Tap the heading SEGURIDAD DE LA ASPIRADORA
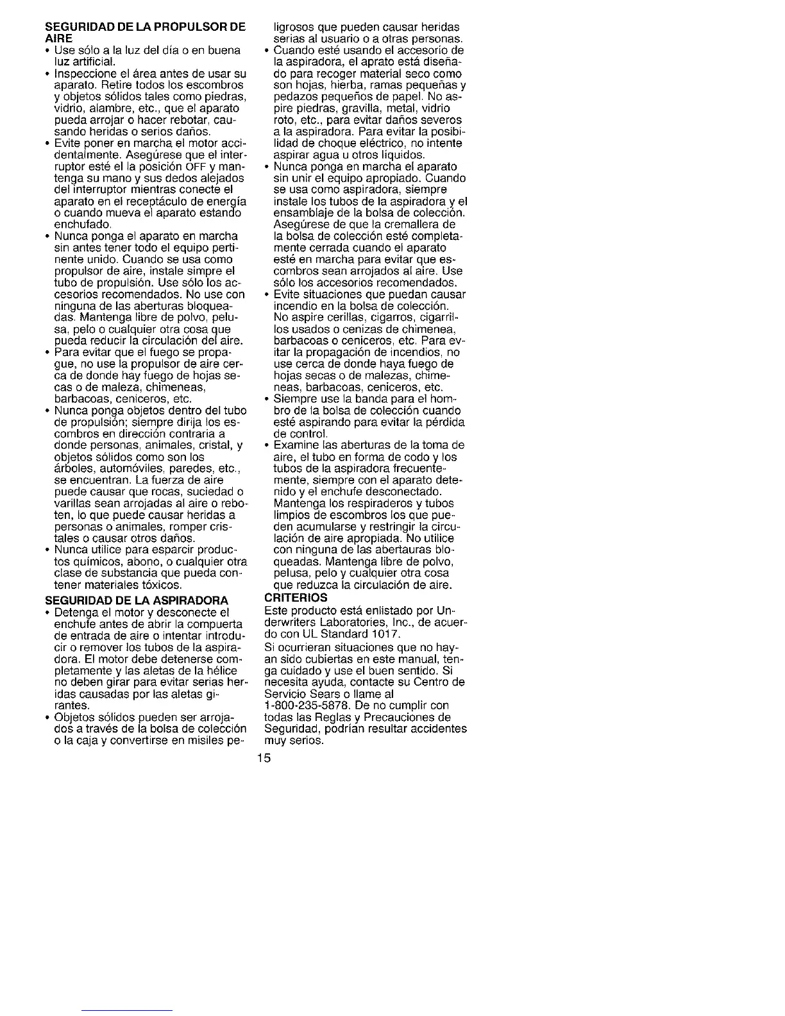(x=137, y=600)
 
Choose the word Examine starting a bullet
(x=295, y=445)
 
